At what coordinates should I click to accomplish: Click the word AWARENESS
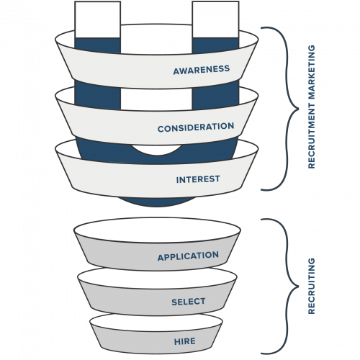point(202,70)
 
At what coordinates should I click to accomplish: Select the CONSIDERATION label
point(196,127)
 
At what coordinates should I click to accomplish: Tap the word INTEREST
point(198,179)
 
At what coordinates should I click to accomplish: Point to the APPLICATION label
point(188,256)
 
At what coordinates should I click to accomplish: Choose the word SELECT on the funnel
point(189,302)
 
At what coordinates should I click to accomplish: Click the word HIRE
point(185,341)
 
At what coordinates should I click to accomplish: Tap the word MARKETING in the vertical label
point(311,73)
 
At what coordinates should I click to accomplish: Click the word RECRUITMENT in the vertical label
point(311,135)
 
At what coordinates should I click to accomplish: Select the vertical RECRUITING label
point(311,286)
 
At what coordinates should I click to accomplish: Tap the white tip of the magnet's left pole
point(97,19)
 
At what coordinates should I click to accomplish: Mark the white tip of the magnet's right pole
point(215,19)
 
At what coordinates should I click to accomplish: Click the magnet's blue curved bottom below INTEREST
point(156,202)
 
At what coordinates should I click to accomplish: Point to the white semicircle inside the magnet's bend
point(156,150)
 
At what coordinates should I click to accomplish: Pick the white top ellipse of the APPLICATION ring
point(157,230)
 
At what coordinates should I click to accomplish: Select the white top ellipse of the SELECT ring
point(157,278)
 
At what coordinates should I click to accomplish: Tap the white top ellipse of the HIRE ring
point(156,323)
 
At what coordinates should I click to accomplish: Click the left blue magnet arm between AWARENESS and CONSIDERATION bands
point(97,95)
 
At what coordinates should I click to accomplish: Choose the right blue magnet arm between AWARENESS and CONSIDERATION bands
point(215,95)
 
